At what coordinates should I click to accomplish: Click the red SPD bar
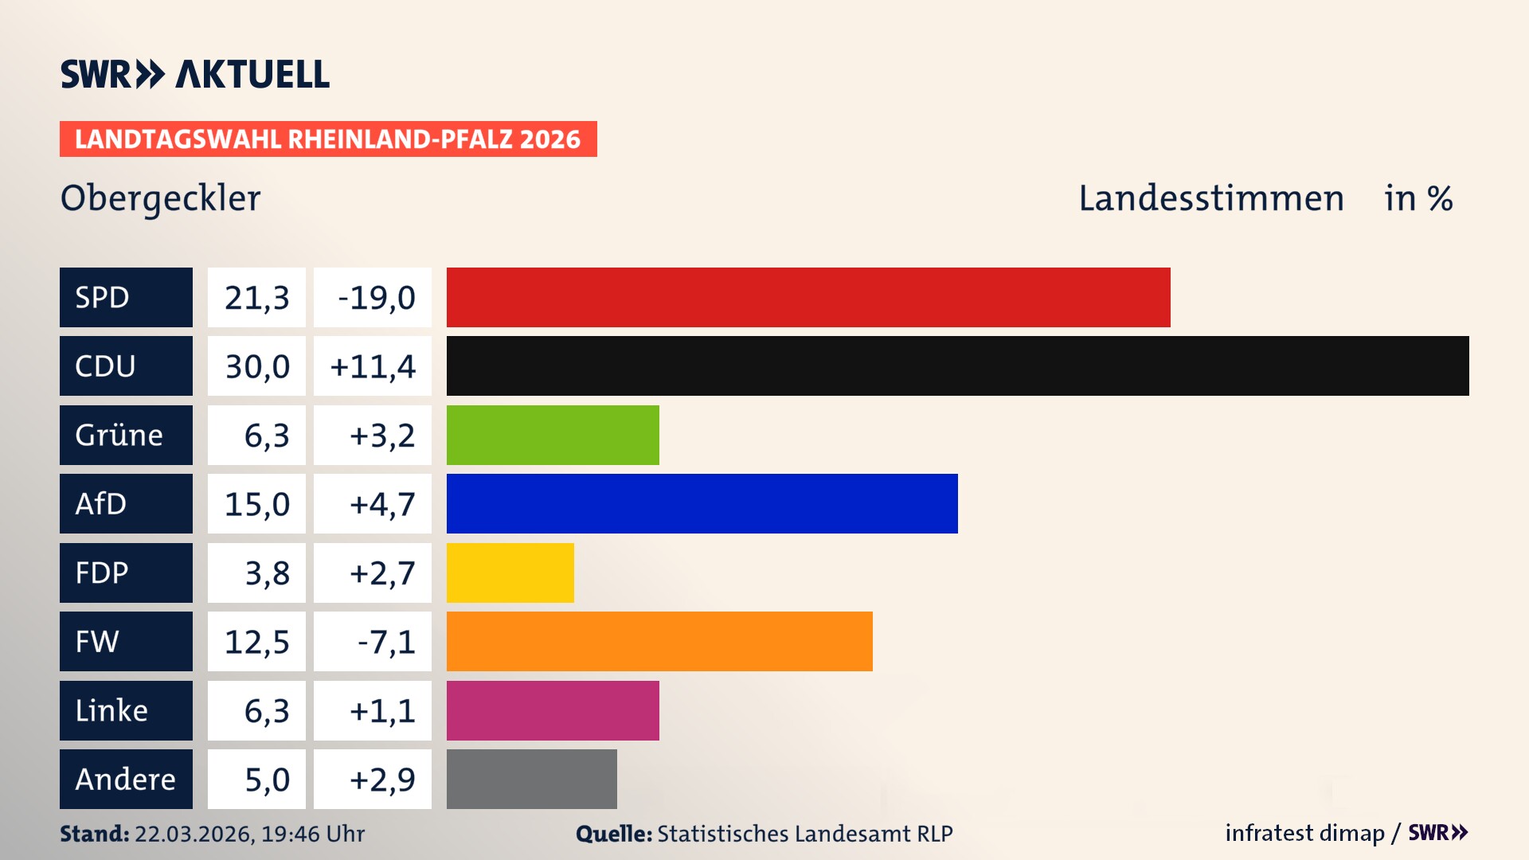[808, 297]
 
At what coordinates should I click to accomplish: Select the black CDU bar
[957, 365]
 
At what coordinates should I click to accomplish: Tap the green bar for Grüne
[553, 435]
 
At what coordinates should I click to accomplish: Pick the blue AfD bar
[702, 503]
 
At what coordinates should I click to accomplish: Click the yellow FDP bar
[510, 573]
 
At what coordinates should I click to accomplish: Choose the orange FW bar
[659, 641]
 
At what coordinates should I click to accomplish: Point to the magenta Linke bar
[553, 710]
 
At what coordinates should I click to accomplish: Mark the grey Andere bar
[531, 779]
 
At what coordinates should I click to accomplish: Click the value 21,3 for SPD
[256, 298]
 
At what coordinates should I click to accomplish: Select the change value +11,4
[373, 366]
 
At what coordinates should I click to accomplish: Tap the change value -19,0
[376, 298]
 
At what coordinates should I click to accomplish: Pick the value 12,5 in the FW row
[256, 642]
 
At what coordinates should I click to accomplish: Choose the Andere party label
[126, 779]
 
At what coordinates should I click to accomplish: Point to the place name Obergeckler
[160, 198]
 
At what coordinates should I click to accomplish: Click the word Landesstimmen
[1210, 198]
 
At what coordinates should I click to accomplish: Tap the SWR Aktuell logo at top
[195, 74]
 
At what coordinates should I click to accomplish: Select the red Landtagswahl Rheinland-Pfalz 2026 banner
[328, 139]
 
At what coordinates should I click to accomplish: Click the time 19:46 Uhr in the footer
[312, 834]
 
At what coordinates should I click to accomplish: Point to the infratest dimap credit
[1304, 833]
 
